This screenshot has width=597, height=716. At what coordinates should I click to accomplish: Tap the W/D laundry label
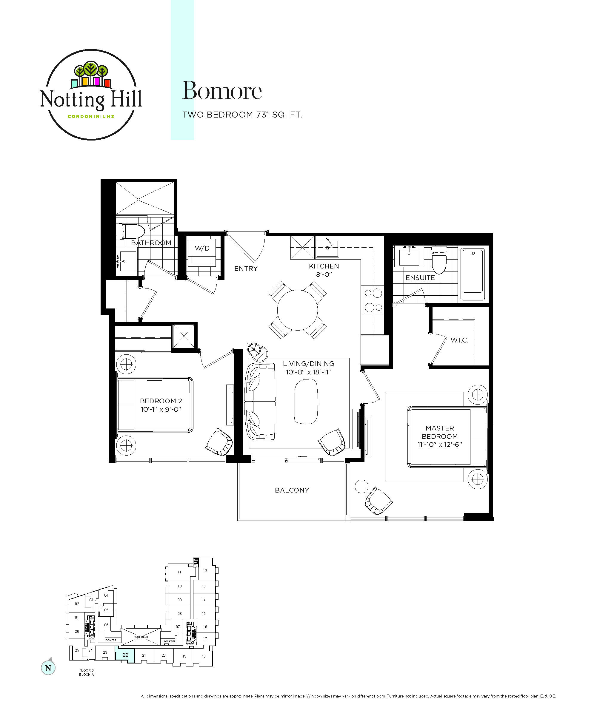(x=202, y=248)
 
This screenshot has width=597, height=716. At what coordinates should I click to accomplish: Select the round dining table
(x=298, y=310)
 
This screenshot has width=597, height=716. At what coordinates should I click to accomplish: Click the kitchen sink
(x=327, y=248)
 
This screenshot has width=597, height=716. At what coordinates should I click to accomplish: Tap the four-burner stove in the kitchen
(x=373, y=300)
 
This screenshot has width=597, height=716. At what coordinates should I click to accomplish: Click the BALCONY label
(x=292, y=490)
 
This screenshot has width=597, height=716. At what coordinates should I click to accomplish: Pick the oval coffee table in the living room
(x=306, y=401)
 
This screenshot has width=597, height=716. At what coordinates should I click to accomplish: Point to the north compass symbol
(x=48, y=668)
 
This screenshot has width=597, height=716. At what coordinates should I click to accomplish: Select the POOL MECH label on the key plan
(x=141, y=637)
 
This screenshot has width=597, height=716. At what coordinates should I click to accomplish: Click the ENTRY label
(x=246, y=269)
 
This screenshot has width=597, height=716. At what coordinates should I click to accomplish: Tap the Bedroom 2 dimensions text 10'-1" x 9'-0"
(x=161, y=409)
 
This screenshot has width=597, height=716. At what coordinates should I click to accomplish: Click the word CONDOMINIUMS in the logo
(x=91, y=117)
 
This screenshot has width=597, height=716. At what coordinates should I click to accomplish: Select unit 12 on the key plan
(x=205, y=570)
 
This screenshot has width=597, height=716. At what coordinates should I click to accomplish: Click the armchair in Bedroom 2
(x=219, y=442)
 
